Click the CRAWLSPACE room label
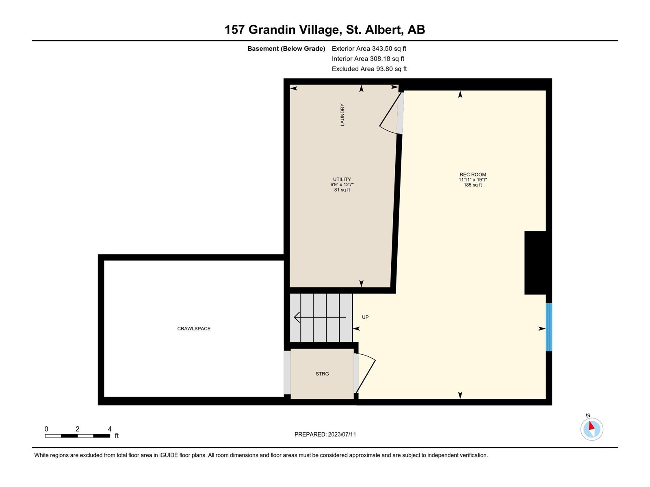point(194,328)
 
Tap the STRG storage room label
point(322,374)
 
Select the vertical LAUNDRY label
point(342,115)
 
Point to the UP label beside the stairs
point(365,317)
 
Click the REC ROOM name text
point(472,175)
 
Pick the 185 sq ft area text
point(472,185)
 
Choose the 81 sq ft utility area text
point(342,190)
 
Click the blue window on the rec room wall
point(549,327)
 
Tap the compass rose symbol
point(591,429)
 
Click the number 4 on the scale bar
point(110,429)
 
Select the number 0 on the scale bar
point(46,429)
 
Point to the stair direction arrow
point(320,317)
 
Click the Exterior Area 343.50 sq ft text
point(369,48)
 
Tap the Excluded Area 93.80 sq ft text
point(369,69)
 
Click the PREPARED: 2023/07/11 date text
point(325,434)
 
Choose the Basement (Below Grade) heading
point(286,48)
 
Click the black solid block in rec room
point(535,263)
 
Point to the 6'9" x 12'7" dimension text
point(342,185)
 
